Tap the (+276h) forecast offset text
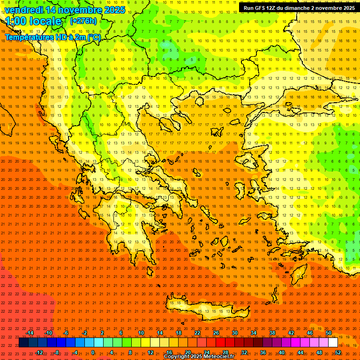coord(83,21)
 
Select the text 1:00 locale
coord(34,21)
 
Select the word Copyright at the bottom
coord(177,357)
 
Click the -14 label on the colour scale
coord(30,333)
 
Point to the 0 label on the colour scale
coord(93,352)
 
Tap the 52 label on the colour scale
coord(338,352)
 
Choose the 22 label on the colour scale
coord(197,333)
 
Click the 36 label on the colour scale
coord(263,352)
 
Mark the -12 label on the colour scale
coord(39,352)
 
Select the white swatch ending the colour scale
coord(333,343)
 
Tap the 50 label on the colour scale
coord(329,333)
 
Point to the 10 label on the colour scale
coord(141,333)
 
